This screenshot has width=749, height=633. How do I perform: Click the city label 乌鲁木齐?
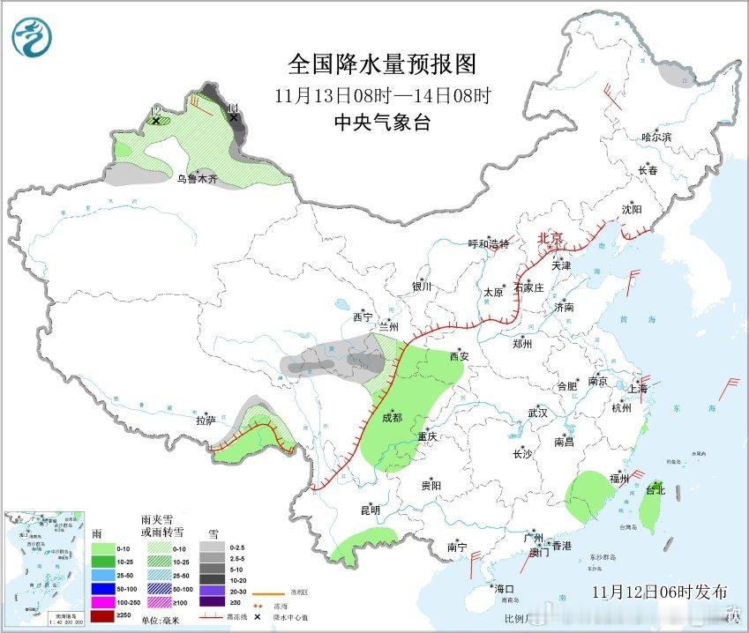[x=195, y=179]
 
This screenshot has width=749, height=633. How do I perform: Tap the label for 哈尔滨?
[x=657, y=138]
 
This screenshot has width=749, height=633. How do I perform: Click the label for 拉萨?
[x=206, y=421]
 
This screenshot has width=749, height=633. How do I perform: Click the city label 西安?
[x=461, y=357]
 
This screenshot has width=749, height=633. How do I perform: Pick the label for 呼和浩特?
[x=488, y=244]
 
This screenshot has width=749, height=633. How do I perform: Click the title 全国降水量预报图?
[x=382, y=64]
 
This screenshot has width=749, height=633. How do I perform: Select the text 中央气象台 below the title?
[x=382, y=123]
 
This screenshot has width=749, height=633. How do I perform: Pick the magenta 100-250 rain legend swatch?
[x=103, y=601]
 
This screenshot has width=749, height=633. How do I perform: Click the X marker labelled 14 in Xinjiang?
[x=233, y=116]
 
